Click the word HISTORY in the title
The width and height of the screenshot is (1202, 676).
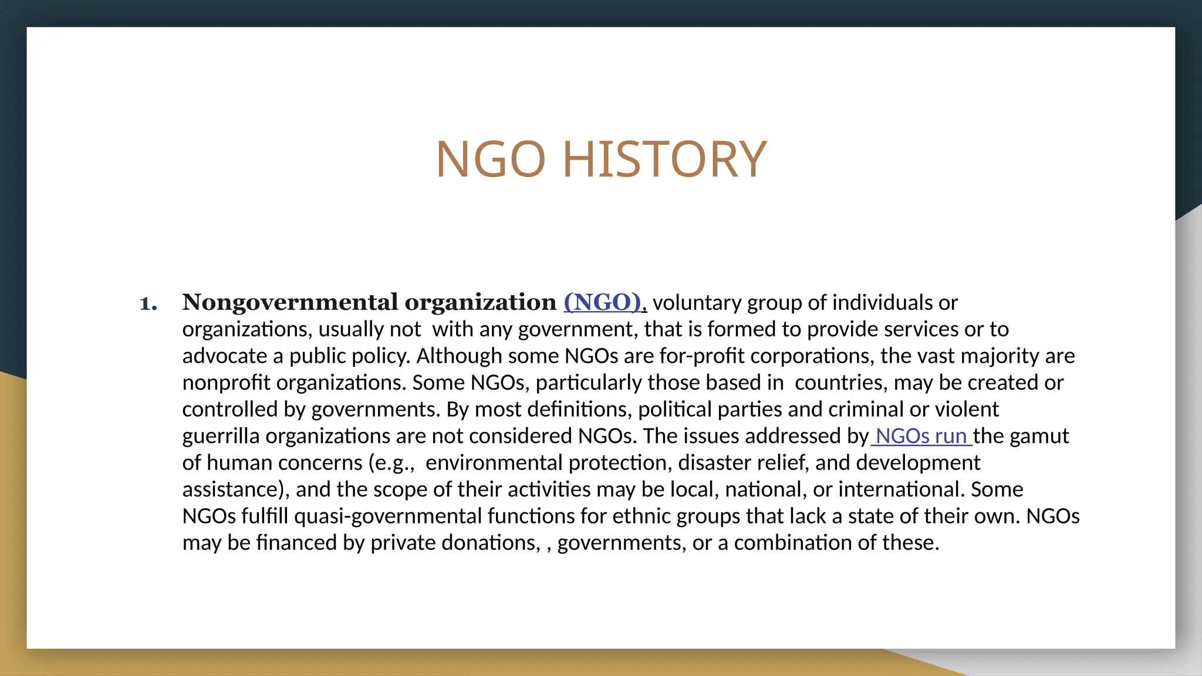664,159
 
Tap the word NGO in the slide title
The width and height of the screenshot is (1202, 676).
491,159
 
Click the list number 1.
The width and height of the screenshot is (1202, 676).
148,303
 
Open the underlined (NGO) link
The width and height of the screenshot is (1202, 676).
603,302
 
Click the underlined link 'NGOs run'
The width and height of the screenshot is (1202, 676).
921,436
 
